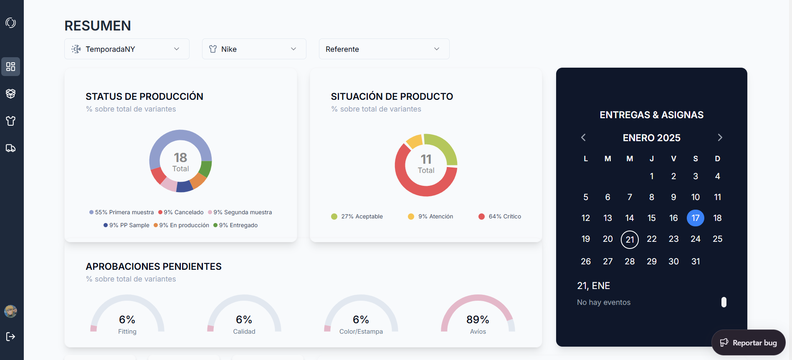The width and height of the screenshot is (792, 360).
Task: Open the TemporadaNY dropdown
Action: pyautogui.click(x=127, y=49)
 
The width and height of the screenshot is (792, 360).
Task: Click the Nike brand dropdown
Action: pyautogui.click(x=254, y=49)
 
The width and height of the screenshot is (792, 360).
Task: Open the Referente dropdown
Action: pyautogui.click(x=384, y=49)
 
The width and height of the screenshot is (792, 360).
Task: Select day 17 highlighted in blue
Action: pyautogui.click(x=695, y=218)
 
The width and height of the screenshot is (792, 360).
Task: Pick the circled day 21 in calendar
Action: pyautogui.click(x=630, y=239)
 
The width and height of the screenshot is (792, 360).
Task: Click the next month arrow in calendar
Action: pyautogui.click(x=720, y=137)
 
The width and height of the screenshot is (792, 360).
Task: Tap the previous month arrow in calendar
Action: pyautogui.click(x=583, y=137)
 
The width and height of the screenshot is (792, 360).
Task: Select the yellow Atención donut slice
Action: pyautogui.click(x=414, y=141)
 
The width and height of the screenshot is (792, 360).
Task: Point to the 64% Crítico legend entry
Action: pyautogui.click(x=500, y=216)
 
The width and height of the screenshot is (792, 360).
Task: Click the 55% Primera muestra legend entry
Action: pyautogui.click(x=121, y=212)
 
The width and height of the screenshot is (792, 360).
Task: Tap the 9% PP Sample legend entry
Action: pyautogui.click(x=127, y=225)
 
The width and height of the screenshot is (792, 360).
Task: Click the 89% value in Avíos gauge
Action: pyautogui.click(x=478, y=319)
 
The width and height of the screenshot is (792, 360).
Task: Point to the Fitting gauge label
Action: pyautogui.click(x=127, y=332)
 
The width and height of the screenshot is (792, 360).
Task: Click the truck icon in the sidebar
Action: pyautogui.click(x=11, y=148)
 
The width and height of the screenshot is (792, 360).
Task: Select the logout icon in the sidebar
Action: pyautogui.click(x=11, y=337)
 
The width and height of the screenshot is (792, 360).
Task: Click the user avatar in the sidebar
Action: pyautogui.click(x=10, y=311)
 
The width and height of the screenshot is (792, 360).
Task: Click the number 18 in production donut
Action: pyautogui.click(x=180, y=157)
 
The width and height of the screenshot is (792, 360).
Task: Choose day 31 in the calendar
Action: pyautogui.click(x=696, y=261)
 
